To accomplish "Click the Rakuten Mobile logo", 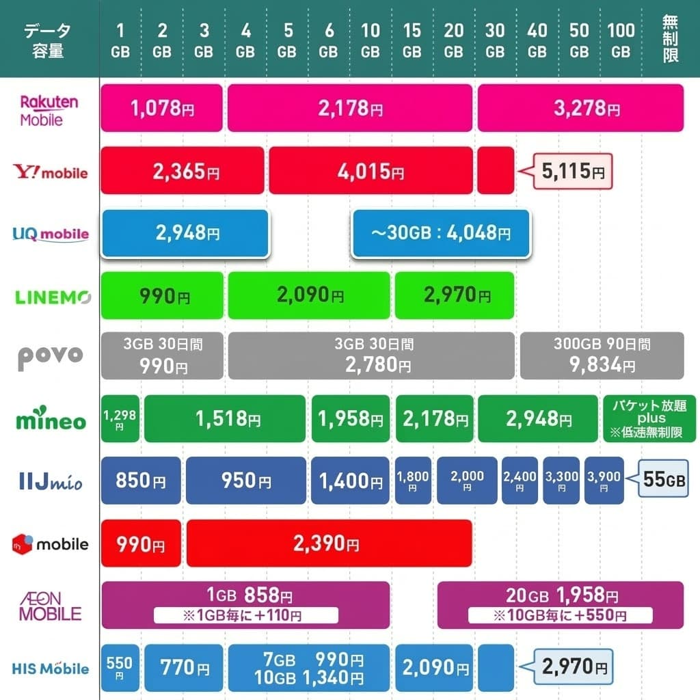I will point(50,110).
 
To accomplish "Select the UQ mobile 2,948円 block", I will point(185,234).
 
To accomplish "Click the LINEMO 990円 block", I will point(162,295).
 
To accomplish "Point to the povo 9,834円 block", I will point(602,355).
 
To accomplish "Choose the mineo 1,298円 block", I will point(120,418).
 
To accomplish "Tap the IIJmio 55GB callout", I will point(664,480).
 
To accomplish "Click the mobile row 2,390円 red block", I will point(329,543).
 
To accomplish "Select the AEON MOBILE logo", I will point(50,605).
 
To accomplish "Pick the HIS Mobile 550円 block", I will point(120,667).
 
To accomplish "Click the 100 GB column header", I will point(621,40).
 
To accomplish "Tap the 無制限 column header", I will point(671,40).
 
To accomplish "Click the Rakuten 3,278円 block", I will point(580,108).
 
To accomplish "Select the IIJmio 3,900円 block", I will point(604,480).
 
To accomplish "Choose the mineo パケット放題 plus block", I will point(649,418).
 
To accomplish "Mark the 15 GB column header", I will point(412,40).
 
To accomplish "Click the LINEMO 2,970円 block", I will point(454,295).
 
